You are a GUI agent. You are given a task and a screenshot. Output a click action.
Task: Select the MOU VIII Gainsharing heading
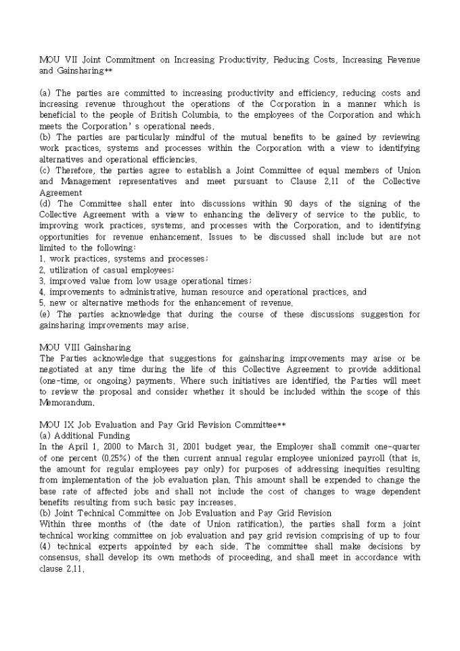point(85,347)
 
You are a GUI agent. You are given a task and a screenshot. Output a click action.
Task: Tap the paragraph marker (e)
point(45,314)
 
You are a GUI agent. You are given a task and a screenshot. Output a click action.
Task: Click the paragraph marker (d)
point(45,204)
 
